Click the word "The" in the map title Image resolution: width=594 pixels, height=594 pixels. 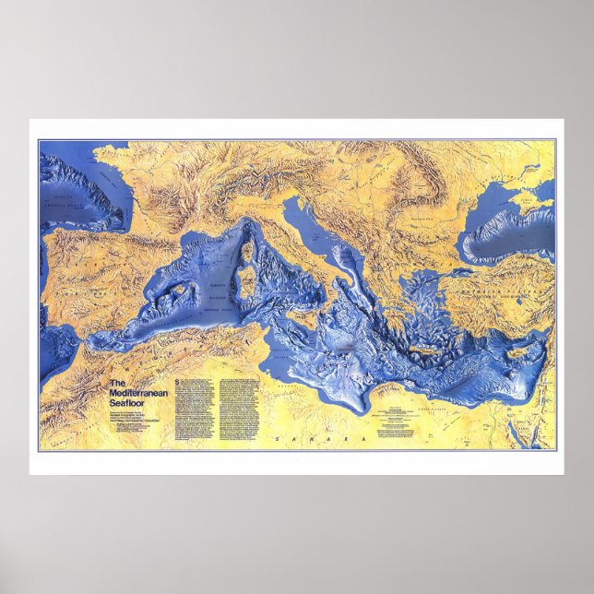[116, 383]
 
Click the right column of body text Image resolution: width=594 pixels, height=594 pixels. [227, 402]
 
